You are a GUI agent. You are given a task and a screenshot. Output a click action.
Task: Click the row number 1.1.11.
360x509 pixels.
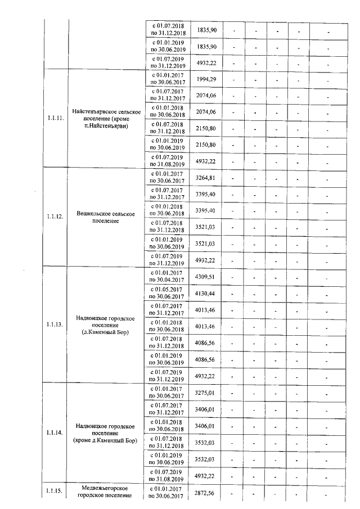point(55,119)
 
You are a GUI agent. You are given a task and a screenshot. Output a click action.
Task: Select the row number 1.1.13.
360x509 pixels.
point(55,325)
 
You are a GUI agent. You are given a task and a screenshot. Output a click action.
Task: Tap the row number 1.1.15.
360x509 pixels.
point(55,491)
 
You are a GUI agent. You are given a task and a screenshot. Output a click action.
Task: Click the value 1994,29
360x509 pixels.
point(206,78)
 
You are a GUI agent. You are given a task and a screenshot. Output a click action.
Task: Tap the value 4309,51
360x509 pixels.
point(206,276)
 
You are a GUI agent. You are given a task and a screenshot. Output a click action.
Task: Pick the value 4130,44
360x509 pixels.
point(206,293)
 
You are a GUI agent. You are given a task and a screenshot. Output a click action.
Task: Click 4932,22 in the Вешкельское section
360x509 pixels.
point(206,260)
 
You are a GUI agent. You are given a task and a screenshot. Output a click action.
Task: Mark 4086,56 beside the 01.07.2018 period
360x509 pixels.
point(206,342)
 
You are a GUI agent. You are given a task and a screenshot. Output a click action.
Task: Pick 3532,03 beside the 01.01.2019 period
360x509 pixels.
point(206,459)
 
